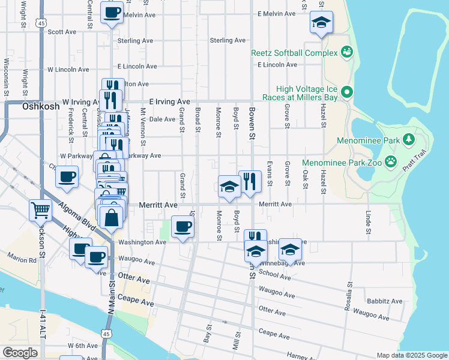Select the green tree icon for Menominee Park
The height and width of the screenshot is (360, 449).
[409, 140]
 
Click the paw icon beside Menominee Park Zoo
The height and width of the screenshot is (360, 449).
[391, 161]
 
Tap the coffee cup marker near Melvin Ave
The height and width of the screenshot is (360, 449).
[112, 13]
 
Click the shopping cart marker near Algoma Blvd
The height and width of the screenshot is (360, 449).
[41, 211]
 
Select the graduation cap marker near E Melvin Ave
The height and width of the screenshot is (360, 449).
[321, 23]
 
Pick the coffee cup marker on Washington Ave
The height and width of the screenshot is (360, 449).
[182, 227]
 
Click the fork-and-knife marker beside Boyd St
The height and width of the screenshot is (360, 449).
[249, 181]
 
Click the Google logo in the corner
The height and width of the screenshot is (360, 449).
[20, 353]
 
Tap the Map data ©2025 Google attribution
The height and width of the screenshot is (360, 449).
[411, 355]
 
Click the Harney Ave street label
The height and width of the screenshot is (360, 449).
[301, 356]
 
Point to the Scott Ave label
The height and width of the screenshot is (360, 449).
[62, 32]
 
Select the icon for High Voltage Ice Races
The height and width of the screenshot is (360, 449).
[346, 92]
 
